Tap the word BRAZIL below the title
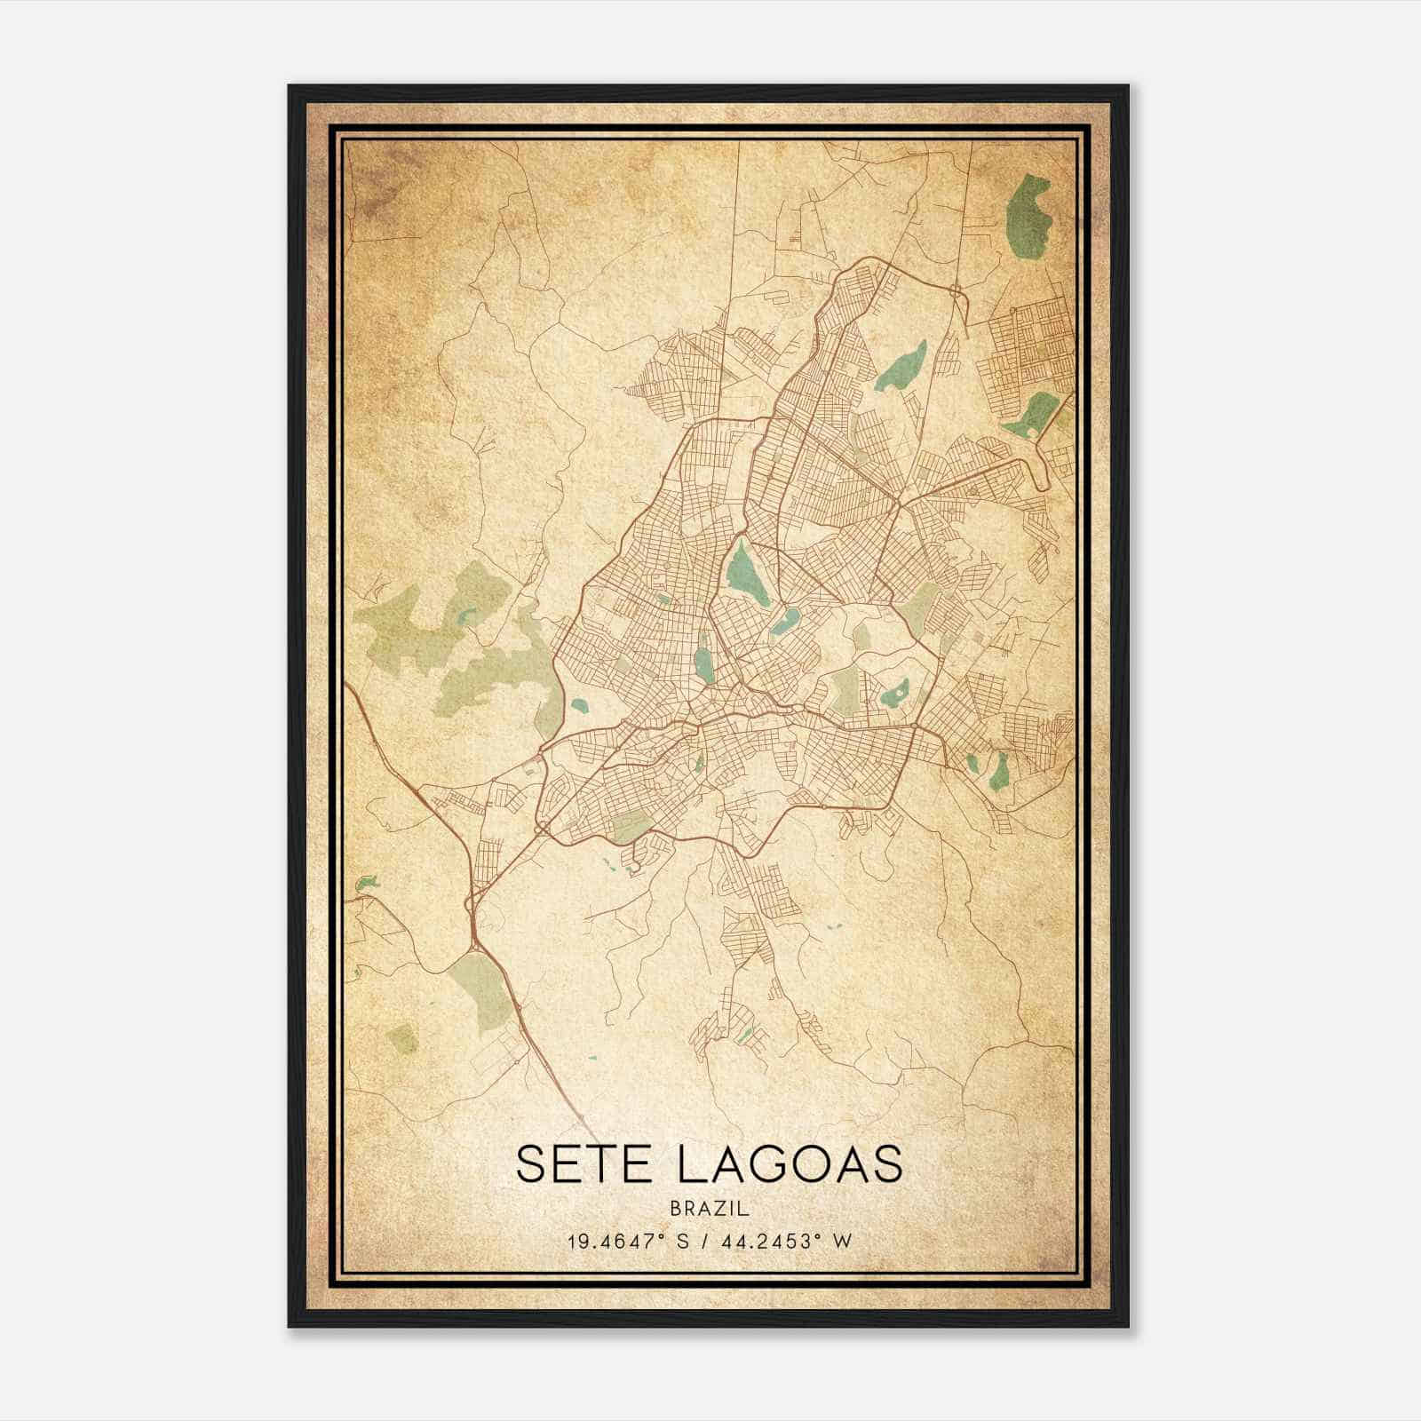click(710, 1209)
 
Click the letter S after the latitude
click(683, 1241)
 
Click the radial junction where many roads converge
click(899, 504)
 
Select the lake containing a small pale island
click(894, 692)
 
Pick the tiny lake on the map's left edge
click(364, 883)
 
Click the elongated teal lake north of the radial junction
click(901, 366)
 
